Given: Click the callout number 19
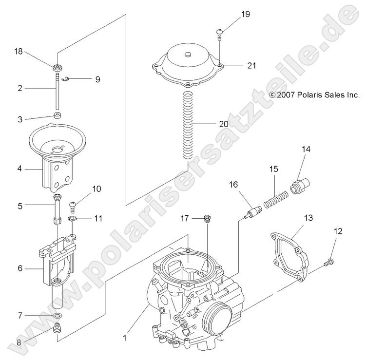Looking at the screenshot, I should point(245,14).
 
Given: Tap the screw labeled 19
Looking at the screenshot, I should point(220,34).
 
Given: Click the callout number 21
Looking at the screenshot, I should point(251,65).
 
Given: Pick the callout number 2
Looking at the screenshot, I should point(19,89).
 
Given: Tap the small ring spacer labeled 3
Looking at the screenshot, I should point(58,117).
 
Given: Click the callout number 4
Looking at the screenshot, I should point(19,169).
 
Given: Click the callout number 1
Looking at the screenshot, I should point(125,337).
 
